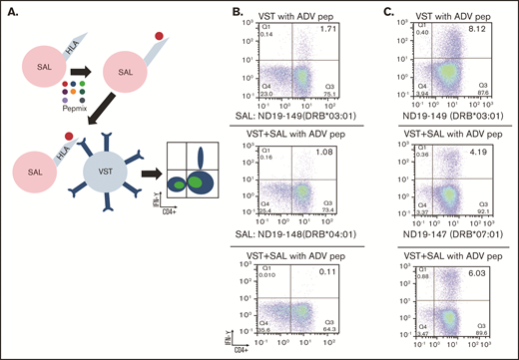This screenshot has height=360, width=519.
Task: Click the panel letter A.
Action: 8,9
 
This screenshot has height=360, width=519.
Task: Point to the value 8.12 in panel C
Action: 488,31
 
